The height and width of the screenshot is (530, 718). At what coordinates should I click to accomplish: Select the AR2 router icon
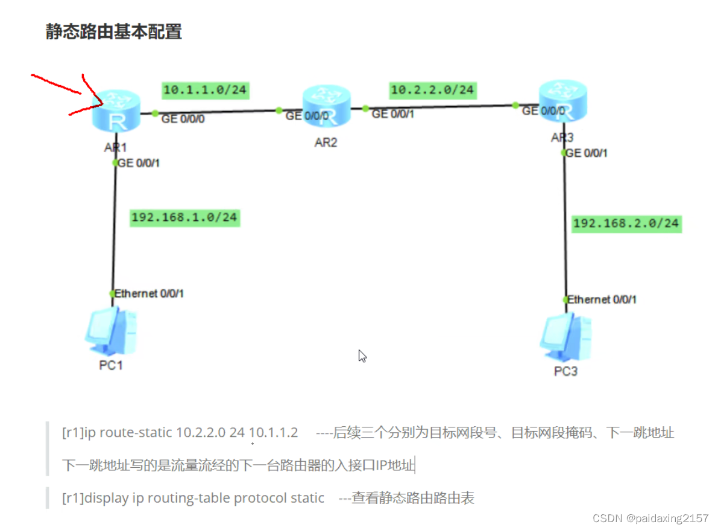pos(326,106)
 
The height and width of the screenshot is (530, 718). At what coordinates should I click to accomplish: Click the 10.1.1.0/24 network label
pos(205,91)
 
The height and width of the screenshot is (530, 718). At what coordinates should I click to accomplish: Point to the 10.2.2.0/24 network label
pos(432,91)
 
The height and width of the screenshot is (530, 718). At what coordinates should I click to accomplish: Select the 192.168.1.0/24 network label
pos(185,217)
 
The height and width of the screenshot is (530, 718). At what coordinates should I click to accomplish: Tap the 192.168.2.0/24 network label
pos(626,223)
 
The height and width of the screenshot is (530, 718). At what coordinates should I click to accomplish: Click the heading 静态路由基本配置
pos(114,32)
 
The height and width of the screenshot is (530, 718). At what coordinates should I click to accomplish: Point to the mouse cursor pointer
pos(362,356)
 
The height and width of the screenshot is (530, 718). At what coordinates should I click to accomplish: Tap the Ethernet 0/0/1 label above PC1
pos(149,294)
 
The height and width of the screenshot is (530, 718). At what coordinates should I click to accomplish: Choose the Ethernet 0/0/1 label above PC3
pos(602,299)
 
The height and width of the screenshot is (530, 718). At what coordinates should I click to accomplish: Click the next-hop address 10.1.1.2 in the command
pos(273,433)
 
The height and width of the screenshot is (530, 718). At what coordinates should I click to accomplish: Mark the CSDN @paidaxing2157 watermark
pos(650,519)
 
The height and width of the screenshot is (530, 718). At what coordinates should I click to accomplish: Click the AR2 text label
pos(326,144)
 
